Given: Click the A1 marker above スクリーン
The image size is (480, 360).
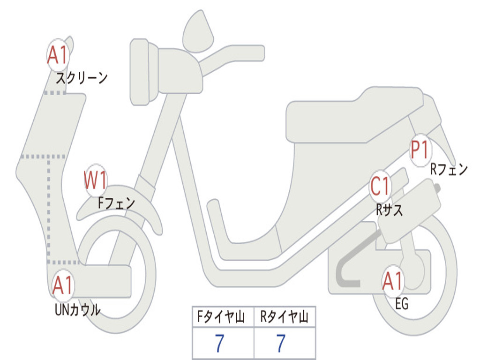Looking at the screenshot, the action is pyautogui.click(x=58, y=55).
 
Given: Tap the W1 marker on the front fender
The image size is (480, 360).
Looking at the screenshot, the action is pyautogui.click(x=96, y=180).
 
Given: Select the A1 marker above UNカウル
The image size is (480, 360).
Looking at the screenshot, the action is pyautogui.click(x=63, y=285).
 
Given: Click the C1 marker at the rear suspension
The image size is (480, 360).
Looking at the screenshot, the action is pyautogui.click(x=380, y=186).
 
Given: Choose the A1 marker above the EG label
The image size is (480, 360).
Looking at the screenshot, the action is pyautogui.click(x=393, y=281).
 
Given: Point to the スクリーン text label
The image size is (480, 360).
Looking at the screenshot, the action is pyautogui.click(x=82, y=78).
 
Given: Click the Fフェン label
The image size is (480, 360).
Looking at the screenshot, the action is pyautogui.click(x=116, y=202).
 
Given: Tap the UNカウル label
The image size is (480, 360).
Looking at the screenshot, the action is pyautogui.click(x=77, y=309).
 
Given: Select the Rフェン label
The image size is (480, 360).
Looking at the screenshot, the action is pyautogui.click(x=449, y=169).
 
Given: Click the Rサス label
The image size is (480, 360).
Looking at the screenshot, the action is pyautogui.click(x=389, y=210).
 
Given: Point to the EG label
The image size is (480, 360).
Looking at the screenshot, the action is pyautogui.click(x=402, y=304).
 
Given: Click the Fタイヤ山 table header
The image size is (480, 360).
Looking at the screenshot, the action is pyautogui.click(x=221, y=316).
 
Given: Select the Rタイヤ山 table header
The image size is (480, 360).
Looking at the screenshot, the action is pyautogui.click(x=284, y=316).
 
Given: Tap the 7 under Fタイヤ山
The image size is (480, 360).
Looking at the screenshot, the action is pyautogui.click(x=220, y=343).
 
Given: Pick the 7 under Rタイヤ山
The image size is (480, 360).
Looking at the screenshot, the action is pyautogui.click(x=281, y=343).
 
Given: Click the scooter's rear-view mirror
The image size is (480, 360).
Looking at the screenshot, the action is pyautogui.click(x=198, y=32).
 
